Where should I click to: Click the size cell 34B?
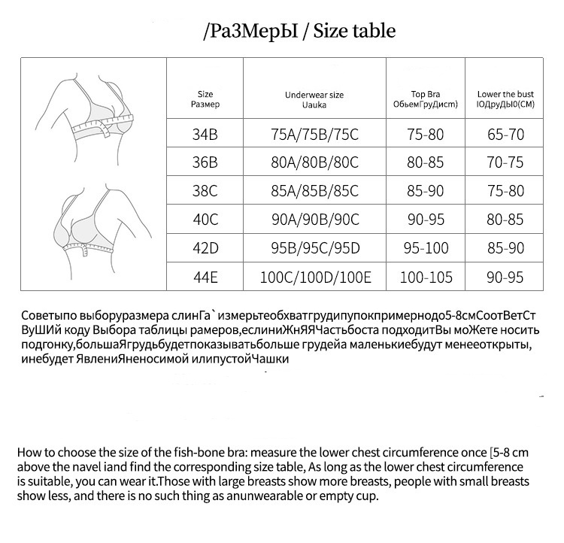[205, 135]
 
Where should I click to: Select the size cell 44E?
[205, 278]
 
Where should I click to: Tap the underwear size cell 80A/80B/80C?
[314, 162]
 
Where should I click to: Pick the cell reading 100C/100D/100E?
[315, 278]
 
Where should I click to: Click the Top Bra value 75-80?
[426, 135]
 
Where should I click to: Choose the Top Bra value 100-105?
[426, 278]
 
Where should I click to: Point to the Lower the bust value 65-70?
[505, 135]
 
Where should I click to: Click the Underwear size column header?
[314, 99]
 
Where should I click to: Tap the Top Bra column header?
[426, 99]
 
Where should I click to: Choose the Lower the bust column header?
[505, 99]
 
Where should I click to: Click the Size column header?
[205, 99]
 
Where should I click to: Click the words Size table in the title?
[354, 32]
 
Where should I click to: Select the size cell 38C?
[205, 192]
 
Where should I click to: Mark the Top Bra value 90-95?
[426, 220]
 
